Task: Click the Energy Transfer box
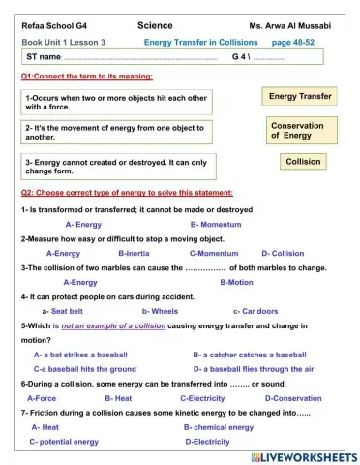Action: point(300,97)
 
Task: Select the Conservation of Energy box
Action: point(297,131)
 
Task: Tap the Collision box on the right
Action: point(303,162)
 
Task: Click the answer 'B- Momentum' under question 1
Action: point(213,224)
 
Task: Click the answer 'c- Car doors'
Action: point(255,311)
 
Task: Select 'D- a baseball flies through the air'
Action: point(254,369)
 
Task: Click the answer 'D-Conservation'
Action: point(291,398)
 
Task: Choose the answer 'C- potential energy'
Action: point(64,442)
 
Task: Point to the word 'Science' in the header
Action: point(155,26)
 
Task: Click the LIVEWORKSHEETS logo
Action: point(303,455)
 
